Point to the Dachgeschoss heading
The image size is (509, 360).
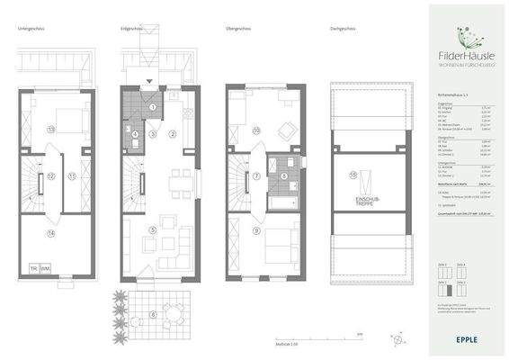344,30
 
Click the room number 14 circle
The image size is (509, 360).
51,234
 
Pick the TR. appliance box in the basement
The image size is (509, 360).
34,268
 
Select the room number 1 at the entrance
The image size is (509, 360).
153,108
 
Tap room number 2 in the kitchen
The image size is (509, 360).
173,133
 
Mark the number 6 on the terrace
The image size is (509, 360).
153,313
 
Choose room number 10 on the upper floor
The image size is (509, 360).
256,131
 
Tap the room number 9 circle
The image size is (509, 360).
256,231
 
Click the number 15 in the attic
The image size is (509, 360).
353,173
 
